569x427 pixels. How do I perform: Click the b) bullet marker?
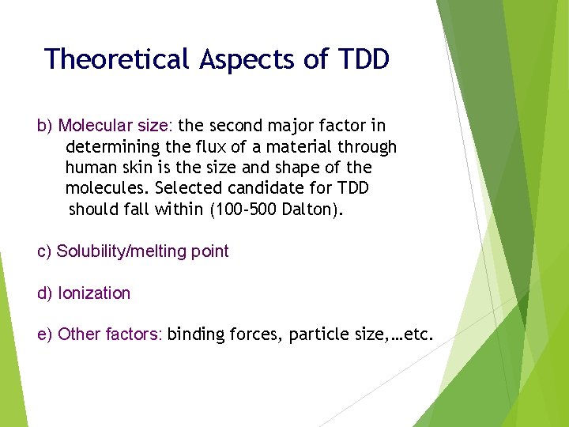pyautogui.click(x=45, y=126)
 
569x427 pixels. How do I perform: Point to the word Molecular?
pyautogui.click(x=94, y=126)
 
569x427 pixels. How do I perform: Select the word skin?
pyautogui.click(x=134, y=168)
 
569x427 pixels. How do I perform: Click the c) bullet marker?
pyautogui.click(x=45, y=252)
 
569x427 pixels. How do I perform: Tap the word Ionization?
pyautogui.click(x=94, y=293)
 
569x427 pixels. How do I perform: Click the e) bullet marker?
pyautogui.click(x=45, y=335)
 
